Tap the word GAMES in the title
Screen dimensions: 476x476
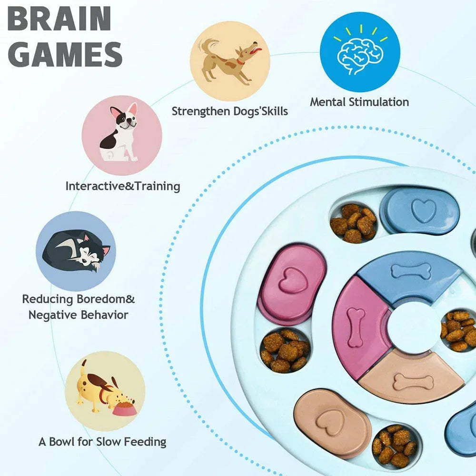tap(65, 53)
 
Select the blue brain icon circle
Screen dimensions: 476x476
tap(360, 52)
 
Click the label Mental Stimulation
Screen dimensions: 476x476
tap(359, 102)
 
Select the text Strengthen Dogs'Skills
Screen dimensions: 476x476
tap(230, 111)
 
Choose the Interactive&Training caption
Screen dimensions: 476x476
tap(123, 186)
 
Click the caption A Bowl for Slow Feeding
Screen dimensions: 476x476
tap(102, 441)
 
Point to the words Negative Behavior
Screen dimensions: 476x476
tap(78, 315)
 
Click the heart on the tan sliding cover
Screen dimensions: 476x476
tap(331, 420)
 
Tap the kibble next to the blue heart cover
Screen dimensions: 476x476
tap(353, 222)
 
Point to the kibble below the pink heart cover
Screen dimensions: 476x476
tap(284, 350)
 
